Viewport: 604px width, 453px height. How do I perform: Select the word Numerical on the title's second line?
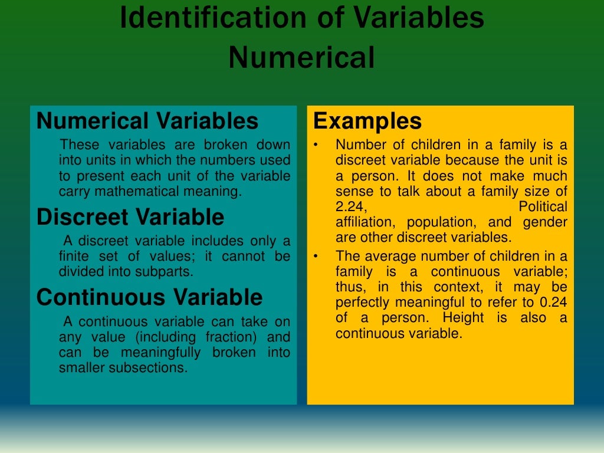[301, 58]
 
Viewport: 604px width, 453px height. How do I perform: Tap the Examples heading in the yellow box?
[367, 121]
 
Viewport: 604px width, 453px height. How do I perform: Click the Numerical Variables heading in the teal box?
[147, 121]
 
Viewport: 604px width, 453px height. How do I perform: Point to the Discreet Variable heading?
[130, 217]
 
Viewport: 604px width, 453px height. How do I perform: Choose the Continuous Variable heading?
[149, 297]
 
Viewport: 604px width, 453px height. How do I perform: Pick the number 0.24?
[553, 303]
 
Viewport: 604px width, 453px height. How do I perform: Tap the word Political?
[543, 207]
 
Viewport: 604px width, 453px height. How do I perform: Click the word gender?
[545, 222]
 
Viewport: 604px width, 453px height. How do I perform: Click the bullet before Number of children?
[316, 145]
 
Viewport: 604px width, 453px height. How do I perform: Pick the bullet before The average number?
[316, 257]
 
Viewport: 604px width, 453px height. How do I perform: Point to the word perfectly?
[360, 303]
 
